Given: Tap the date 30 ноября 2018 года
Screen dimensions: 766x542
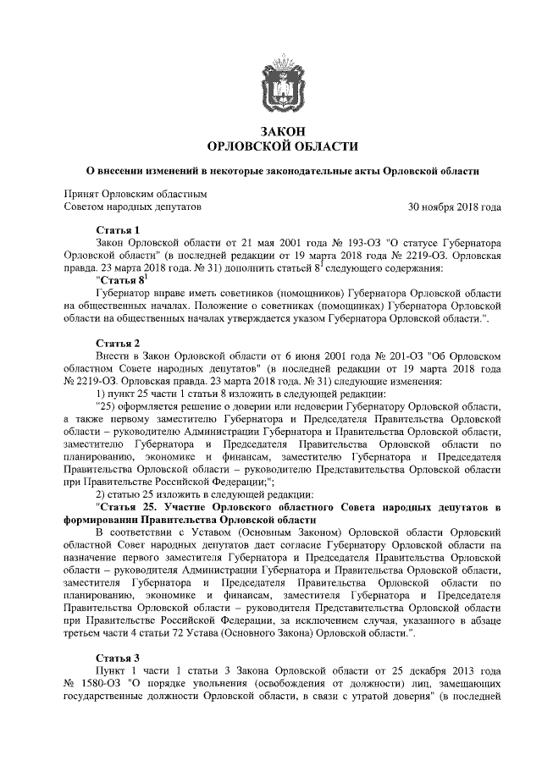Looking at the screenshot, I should coord(455,206).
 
